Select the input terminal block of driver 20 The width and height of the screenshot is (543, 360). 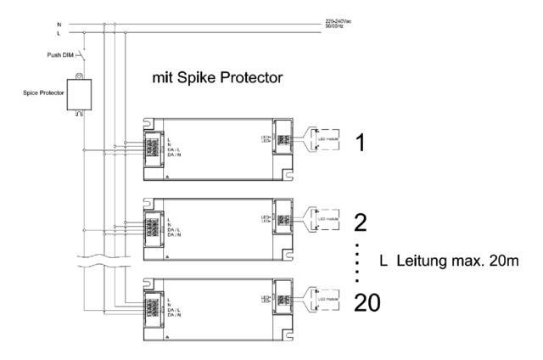(x=154, y=306)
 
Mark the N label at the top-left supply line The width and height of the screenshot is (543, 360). (x=59, y=25)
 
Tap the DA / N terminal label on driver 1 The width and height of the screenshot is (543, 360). (x=176, y=155)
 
